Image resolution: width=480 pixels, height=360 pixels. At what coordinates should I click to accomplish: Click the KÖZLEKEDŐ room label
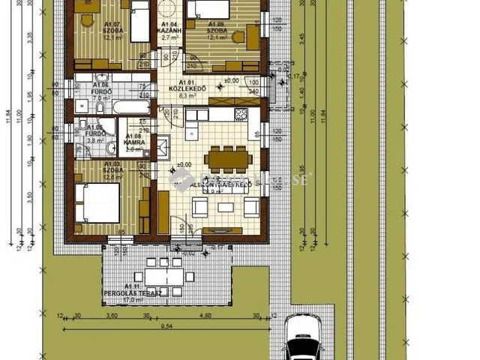point(187,86)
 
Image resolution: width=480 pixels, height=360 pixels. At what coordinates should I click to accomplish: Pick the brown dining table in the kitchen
point(227,158)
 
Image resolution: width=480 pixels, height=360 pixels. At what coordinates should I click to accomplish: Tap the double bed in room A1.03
point(97,202)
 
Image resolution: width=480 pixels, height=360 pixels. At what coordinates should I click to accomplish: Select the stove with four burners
point(240,114)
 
